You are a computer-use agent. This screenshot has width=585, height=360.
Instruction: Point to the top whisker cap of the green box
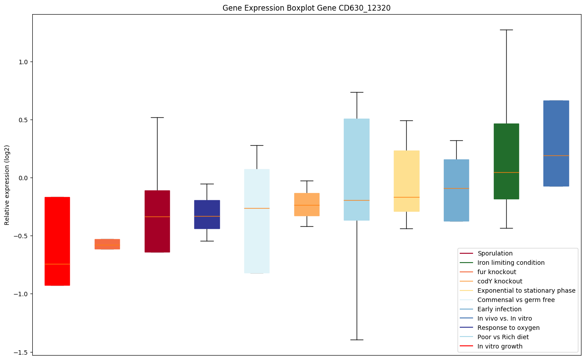pos(506,30)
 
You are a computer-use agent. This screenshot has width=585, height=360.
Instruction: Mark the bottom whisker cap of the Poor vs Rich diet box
pos(357,340)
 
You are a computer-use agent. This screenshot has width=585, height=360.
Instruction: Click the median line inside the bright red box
pos(57,264)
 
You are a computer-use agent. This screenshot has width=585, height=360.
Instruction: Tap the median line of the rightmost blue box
pos(556,155)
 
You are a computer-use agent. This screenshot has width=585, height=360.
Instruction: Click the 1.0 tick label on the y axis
pos(23,62)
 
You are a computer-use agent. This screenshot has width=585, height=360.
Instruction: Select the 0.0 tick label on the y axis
pos(23,178)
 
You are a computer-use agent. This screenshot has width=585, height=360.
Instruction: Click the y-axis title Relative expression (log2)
pos(7,184)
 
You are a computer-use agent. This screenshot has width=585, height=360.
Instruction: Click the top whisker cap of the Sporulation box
pos(157,117)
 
